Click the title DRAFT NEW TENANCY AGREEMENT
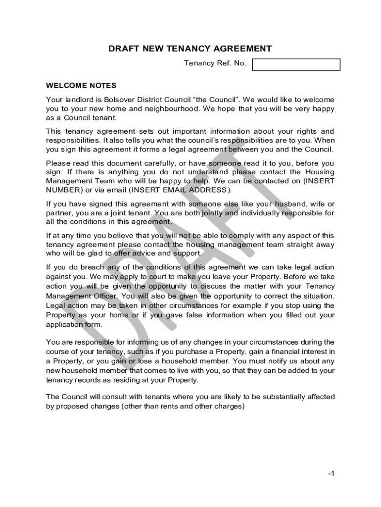190,49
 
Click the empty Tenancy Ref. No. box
296,65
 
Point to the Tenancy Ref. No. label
215,63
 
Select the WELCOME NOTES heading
81,85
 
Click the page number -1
331,474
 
